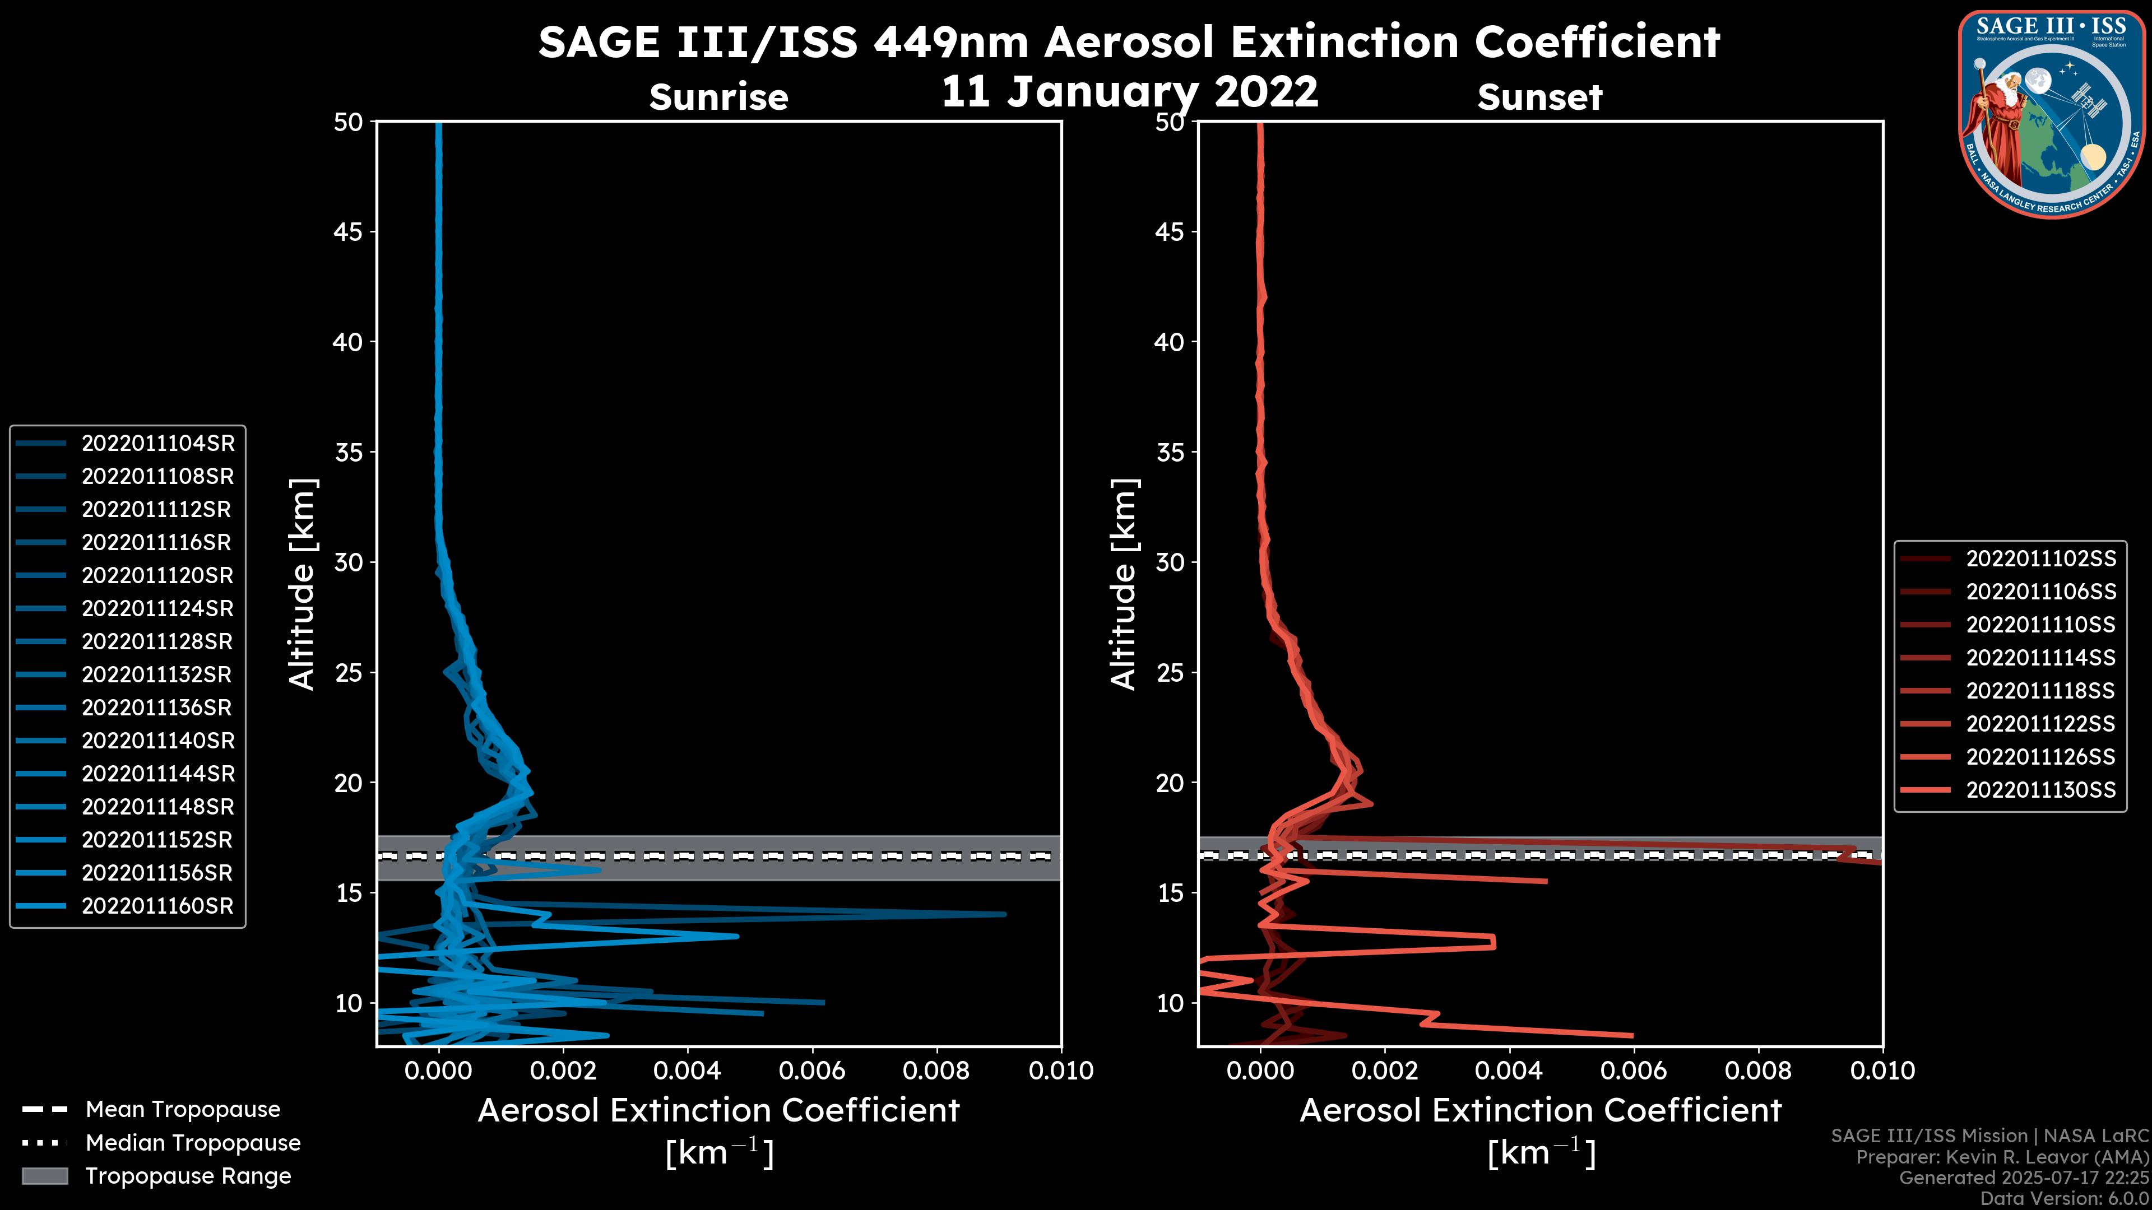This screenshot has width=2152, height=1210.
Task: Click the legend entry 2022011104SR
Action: click(158, 444)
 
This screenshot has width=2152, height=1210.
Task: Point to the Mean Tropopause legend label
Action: click(183, 1110)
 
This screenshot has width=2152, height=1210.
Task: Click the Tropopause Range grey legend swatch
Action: click(45, 1176)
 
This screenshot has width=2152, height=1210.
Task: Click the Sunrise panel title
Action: click(718, 97)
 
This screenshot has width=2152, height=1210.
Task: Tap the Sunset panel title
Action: click(1539, 97)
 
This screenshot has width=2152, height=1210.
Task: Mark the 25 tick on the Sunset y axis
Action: click(1170, 672)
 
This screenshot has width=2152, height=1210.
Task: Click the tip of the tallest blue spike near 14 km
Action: click(1005, 914)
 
